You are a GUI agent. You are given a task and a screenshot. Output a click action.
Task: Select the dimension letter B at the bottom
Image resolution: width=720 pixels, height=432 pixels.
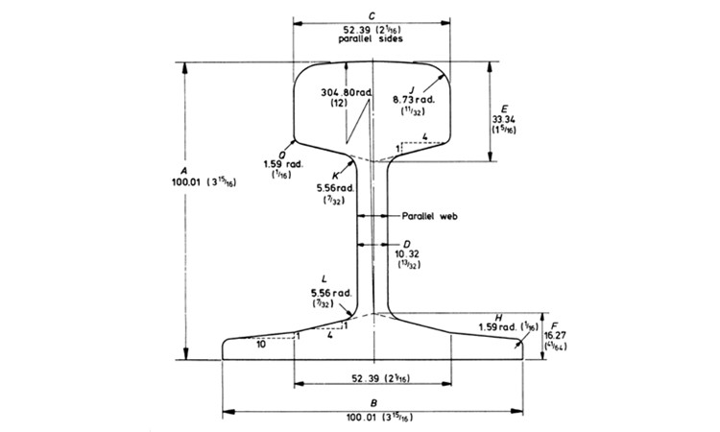[x=372, y=404]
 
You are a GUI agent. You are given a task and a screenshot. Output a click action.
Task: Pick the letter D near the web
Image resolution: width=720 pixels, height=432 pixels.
[x=407, y=244]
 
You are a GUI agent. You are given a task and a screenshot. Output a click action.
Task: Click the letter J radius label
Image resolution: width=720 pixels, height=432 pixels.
[x=412, y=87]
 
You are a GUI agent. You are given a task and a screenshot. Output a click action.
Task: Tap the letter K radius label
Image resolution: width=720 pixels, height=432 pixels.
[x=335, y=176]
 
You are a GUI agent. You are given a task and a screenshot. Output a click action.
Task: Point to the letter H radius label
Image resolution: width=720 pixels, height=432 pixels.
[x=498, y=316]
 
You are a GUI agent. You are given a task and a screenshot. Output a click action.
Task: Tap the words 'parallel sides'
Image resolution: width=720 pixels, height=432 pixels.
[x=371, y=39]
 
